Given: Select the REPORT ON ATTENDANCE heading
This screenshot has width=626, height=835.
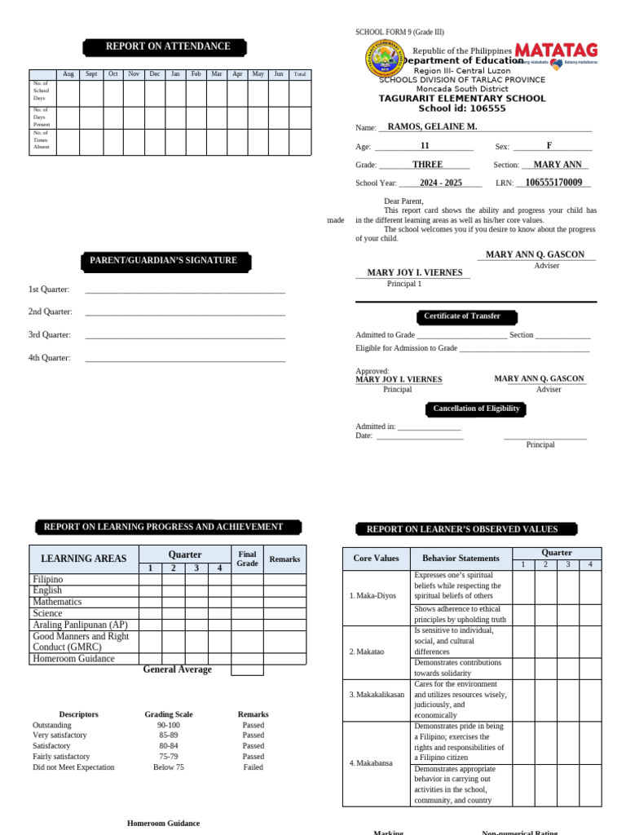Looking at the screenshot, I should tap(167, 46).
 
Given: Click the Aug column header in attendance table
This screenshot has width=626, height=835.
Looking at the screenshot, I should tap(68, 74).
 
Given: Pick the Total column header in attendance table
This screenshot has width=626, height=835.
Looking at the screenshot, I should tap(300, 74).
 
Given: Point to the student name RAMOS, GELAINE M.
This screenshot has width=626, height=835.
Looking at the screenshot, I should tap(432, 127).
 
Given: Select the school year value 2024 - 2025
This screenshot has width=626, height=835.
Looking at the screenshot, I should tap(440, 183).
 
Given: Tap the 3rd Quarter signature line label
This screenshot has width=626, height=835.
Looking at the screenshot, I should tap(50, 335).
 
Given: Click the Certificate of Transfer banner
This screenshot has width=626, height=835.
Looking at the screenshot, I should tap(461, 316).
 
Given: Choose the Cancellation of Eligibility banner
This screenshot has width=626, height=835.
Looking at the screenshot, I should tap(476, 409).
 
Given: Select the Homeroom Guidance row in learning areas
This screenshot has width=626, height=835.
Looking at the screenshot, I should tap(73, 659).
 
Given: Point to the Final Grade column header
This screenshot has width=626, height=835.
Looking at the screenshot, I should tap(247, 559).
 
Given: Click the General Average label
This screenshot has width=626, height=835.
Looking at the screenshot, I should tap(177, 669).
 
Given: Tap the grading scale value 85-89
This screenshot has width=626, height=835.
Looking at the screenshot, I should tap(169, 736).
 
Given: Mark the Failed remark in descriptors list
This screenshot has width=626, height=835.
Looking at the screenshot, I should tap(253, 767).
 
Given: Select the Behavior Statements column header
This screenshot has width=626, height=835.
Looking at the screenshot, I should tap(461, 559).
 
